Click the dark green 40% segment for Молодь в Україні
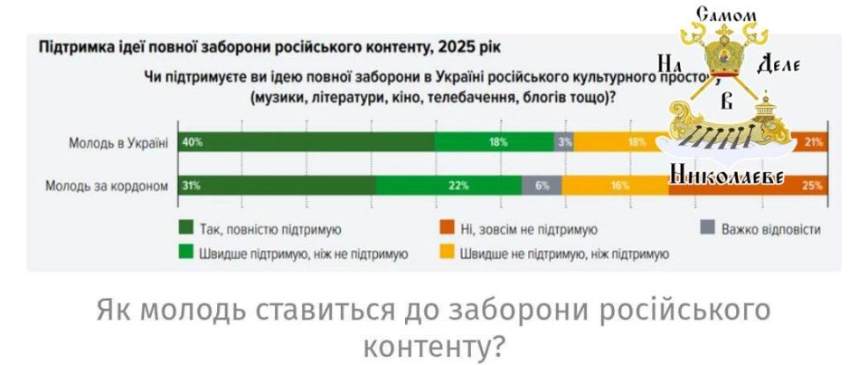[x=307, y=142]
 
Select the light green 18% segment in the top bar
[x=495, y=142]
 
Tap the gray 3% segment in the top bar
[x=565, y=142]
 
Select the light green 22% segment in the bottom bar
[x=448, y=186]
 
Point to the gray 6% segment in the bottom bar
[x=542, y=186]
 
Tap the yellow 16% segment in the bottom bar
[x=615, y=186]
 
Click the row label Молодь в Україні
[x=118, y=143]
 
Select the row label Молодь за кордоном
[x=108, y=187]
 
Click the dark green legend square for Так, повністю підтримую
[x=186, y=228]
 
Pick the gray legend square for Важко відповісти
[x=708, y=228]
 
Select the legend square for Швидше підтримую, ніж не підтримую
[x=186, y=254]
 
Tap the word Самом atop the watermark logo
[x=727, y=14]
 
